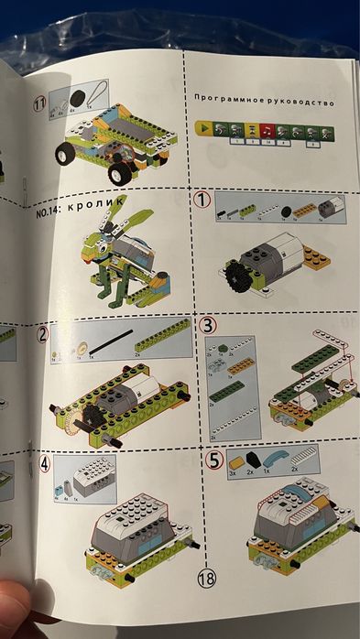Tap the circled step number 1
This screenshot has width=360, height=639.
[203, 200]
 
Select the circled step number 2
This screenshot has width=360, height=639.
[43, 334]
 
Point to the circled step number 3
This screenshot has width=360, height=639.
[209, 325]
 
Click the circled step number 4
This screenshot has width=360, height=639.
[44, 463]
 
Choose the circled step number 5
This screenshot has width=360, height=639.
[213, 460]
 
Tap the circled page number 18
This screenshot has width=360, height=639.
[206, 578]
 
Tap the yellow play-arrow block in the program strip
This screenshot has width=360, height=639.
[202, 131]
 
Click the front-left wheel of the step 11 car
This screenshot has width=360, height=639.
[66, 156]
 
